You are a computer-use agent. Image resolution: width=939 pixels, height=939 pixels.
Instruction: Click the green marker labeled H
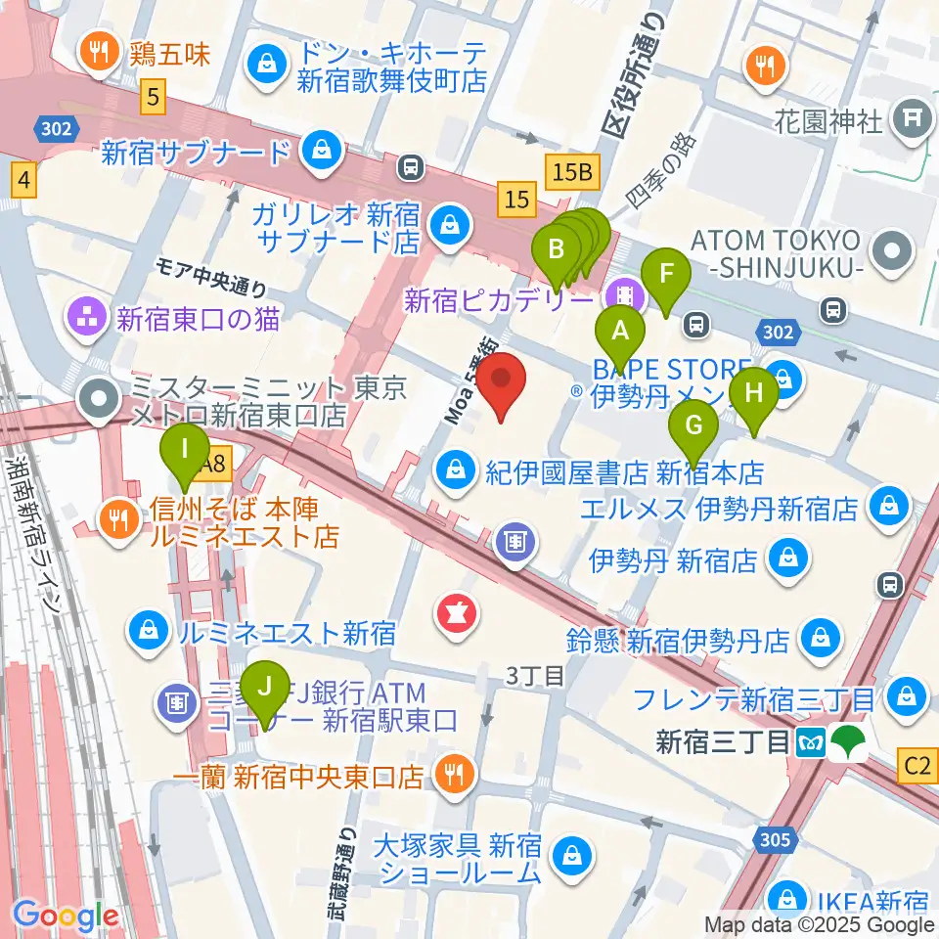point(753,395)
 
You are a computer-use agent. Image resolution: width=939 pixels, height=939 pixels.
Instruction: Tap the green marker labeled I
point(185,452)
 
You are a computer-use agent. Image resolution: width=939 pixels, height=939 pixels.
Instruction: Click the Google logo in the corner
point(66,916)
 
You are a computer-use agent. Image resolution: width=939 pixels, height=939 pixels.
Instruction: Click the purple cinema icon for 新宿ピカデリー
point(622,294)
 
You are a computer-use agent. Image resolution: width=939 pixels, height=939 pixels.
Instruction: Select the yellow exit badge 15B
point(572,172)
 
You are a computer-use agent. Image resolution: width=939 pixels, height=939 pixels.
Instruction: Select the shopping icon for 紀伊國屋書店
point(456,472)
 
